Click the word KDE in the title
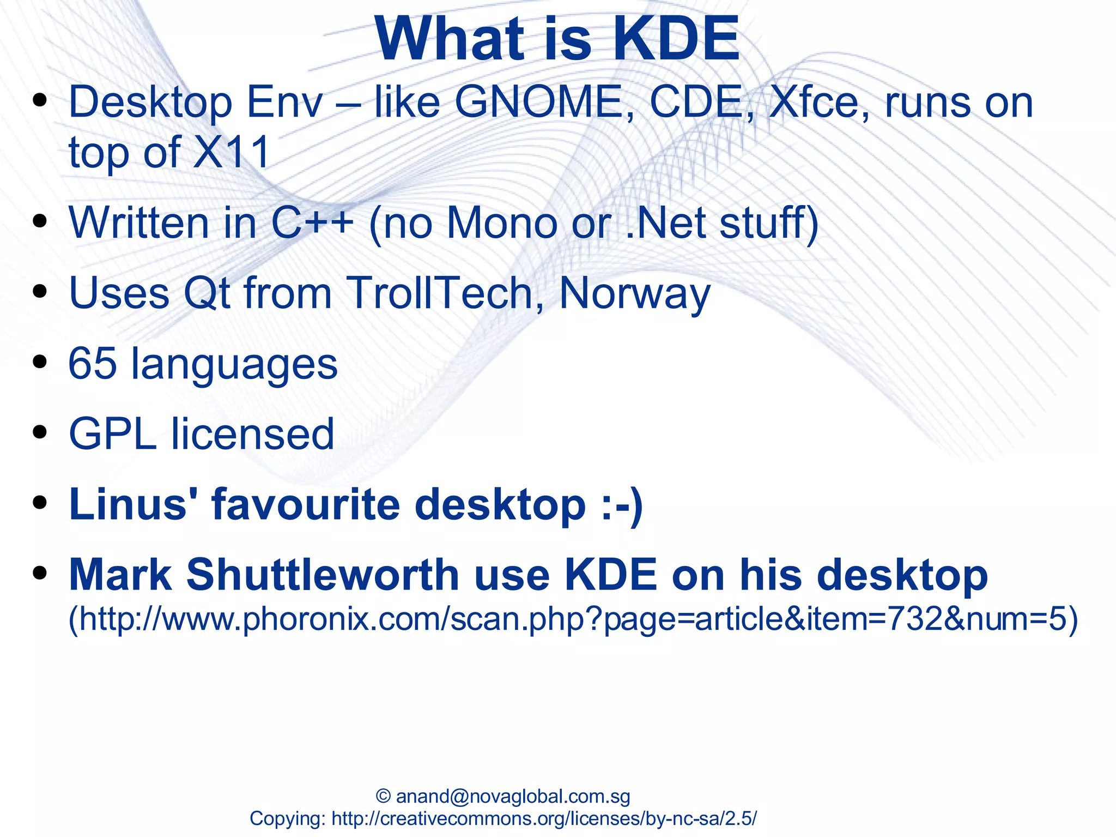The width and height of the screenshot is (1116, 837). pyautogui.click(x=676, y=39)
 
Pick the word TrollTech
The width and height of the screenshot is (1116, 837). pyautogui.click(x=439, y=293)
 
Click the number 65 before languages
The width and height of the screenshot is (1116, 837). pyautogui.click(x=92, y=363)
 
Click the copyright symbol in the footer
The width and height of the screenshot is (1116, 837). pyautogui.click(x=383, y=796)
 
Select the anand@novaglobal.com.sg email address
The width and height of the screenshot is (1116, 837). pyautogui.click(x=513, y=796)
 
